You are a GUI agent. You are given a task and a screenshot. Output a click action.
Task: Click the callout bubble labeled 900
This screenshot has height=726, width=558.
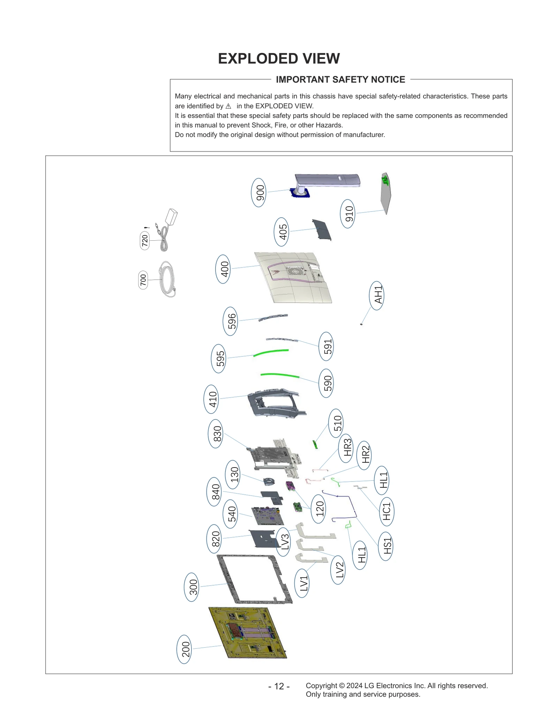[258, 193]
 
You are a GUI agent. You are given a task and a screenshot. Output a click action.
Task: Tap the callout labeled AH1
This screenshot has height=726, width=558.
[377, 296]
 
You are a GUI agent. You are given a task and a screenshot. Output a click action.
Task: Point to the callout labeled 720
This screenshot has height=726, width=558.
[145, 240]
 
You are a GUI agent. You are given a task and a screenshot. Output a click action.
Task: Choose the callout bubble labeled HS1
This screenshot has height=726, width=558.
[385, 546]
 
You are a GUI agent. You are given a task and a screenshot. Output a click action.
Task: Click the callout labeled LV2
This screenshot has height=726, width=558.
[338, 570]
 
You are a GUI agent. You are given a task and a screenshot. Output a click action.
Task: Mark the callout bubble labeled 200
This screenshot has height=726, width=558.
[184, 649]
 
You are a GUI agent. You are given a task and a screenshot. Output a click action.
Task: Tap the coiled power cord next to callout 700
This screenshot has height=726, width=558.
[167, 279]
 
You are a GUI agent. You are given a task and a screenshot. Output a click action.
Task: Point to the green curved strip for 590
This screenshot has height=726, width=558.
[280, 375]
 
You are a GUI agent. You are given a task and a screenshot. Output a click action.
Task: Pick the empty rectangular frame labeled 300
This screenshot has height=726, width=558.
[254, 579]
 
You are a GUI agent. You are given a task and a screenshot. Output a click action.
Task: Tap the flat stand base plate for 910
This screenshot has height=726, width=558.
[386, 194]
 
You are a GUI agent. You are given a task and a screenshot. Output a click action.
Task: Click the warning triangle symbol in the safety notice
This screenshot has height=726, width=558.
[228, 106]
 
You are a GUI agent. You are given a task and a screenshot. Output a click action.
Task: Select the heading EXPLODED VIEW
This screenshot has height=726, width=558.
[279, 59]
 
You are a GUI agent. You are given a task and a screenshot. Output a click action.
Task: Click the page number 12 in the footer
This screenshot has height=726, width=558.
[279, 686]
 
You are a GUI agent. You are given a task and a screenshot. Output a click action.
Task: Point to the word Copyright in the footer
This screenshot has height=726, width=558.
[321, 686]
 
